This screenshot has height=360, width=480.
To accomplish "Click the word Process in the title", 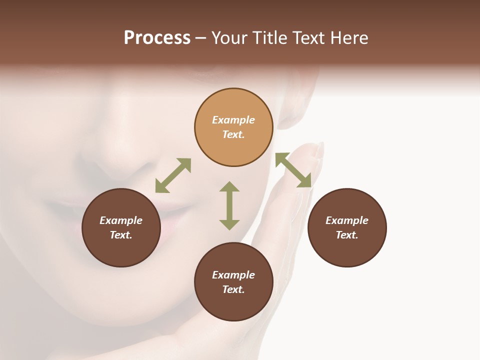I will pos(157,38).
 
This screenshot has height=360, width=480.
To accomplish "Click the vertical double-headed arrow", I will pos(229,205).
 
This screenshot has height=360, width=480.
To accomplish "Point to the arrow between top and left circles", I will pos(173,175).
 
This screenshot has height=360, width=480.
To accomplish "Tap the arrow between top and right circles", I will pos(293,170).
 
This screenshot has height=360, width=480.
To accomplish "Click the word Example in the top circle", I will pos(233,120).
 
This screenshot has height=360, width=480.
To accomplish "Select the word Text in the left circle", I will pos(121,235).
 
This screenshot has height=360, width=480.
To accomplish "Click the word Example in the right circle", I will pos(347,220).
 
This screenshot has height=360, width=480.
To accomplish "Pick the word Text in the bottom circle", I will pos(233,289).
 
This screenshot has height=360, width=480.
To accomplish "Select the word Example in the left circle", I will pos(121,220).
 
